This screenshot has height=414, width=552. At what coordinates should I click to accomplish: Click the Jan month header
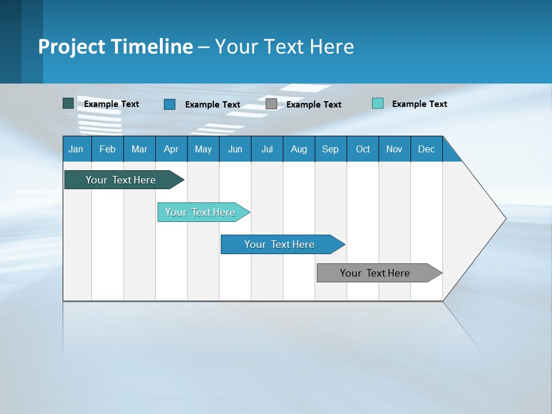76,149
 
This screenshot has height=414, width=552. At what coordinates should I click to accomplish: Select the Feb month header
108,149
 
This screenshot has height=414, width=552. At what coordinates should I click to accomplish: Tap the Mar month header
139,149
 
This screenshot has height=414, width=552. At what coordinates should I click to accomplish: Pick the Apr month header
171,149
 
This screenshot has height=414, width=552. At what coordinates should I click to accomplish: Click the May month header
203,149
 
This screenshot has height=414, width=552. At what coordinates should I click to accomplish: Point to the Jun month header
235,149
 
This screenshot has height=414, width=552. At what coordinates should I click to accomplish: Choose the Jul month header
267,149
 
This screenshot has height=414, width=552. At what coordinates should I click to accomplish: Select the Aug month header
299,149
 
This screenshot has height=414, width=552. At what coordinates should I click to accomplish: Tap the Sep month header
331,149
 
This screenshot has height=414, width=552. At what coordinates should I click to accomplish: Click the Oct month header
363,149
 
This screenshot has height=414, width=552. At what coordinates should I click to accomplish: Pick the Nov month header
394,149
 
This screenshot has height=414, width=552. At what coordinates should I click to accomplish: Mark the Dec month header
427,149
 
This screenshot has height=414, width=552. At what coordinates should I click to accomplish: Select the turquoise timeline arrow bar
201,212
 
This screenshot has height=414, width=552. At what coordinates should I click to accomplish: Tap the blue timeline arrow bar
281,244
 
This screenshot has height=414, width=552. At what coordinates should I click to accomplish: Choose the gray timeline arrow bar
377,273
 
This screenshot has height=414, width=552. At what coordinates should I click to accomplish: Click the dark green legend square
68,103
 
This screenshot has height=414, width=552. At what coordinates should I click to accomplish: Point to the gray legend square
271,104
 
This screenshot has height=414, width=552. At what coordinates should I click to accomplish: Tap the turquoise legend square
378,103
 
